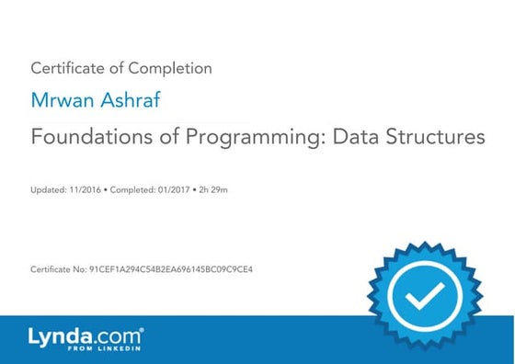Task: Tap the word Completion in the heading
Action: tap(172, 68)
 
